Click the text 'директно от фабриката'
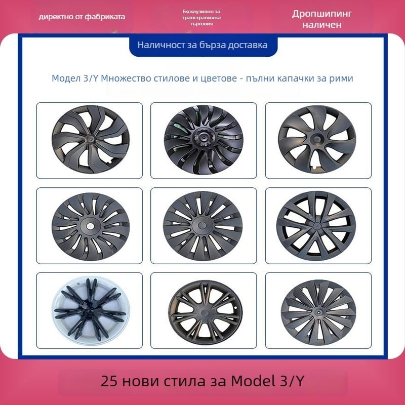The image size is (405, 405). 82,17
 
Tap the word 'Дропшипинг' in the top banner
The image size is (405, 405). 321,14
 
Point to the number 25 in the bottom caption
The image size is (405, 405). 109,380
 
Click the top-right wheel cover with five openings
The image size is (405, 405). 318,139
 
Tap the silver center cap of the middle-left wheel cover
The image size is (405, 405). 89,226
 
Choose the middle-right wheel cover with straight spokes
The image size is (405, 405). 318,225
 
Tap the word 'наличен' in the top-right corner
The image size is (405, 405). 321,24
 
